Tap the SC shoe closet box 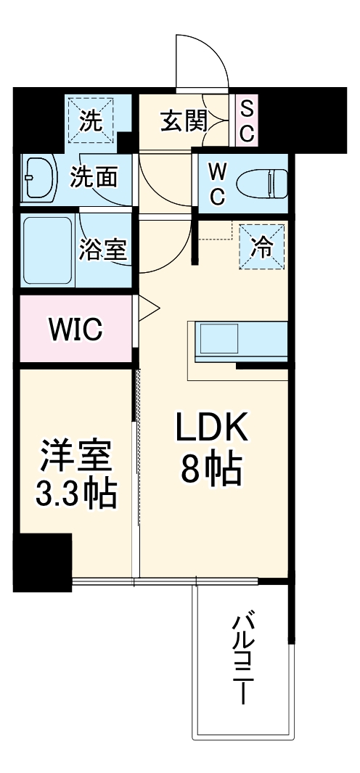tap(246, 121)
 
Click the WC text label tap(218, 182)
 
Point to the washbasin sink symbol tap(38, 177)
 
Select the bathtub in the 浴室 tap(46, 251)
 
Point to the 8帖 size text tap(210, 473)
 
